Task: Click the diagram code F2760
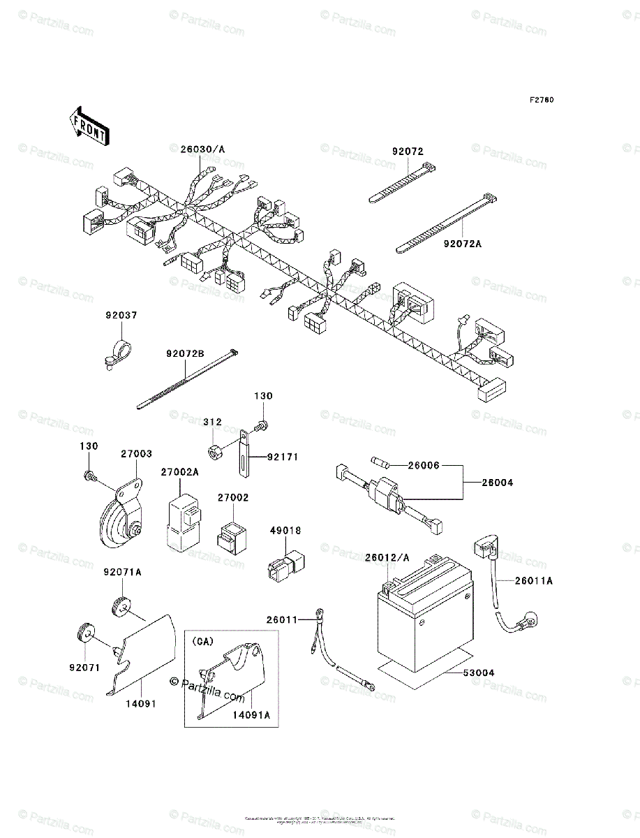[541, 100]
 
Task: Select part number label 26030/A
[203, 149]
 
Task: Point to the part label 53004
[479, 672]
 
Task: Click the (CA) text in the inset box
[203, 640]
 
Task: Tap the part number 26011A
[534, 580]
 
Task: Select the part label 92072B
[185, 354]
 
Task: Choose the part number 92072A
[462, 244]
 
